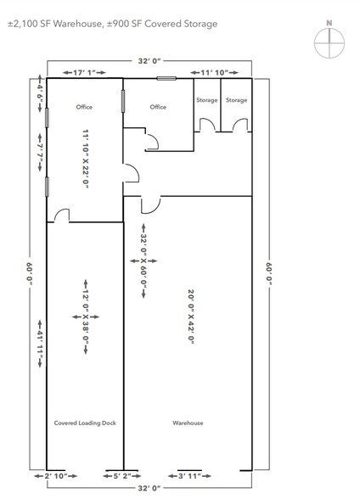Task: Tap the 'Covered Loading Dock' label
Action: [x=79, y=423]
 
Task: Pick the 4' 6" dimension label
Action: [x=38, y=91]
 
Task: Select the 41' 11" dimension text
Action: [x=38, y=343]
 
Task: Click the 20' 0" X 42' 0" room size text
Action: [x=191, y=327]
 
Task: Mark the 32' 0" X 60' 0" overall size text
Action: [x=143, y=273]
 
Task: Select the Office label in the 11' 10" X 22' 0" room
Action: [x=83, y=108]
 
